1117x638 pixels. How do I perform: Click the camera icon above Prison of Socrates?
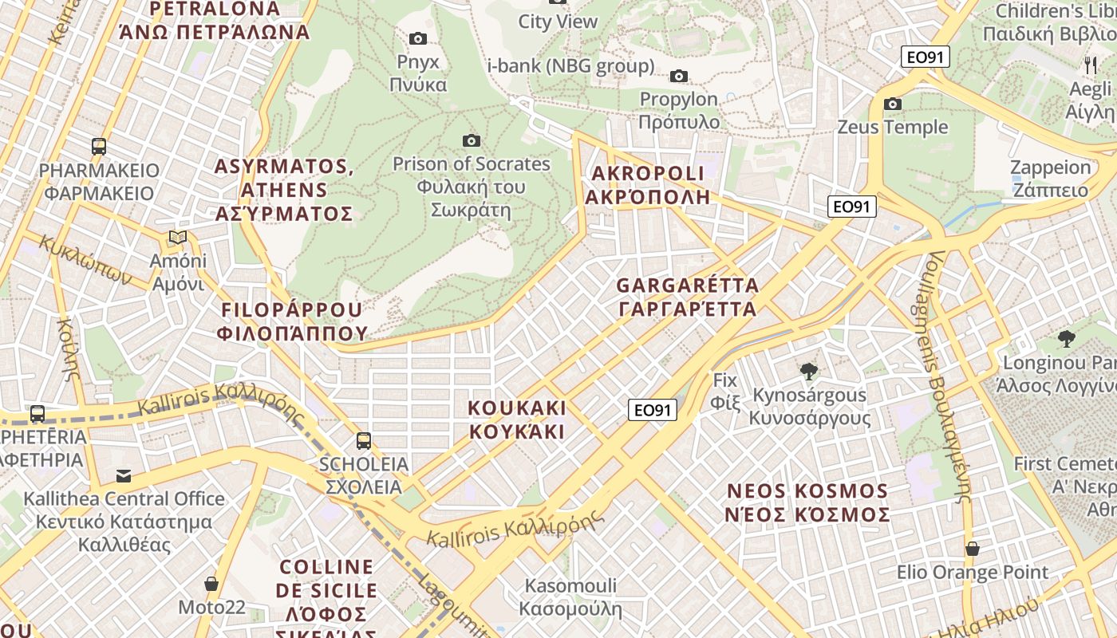[472, 141]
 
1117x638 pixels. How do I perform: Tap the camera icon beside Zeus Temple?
[893, 104]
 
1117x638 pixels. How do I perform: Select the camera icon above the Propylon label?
[678, 76]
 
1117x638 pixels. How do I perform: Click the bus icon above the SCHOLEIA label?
[364, 440]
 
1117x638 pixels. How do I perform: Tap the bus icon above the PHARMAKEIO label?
[99, 147]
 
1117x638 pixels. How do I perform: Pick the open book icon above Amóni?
[178, 238]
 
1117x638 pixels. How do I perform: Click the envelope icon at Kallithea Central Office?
[124, 476]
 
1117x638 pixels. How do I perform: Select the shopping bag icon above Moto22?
[211, 584]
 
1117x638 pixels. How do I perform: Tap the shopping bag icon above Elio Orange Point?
[972, 549]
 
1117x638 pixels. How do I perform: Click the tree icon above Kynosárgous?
[809, 371]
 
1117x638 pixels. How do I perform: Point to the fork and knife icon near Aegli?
[1090, 65]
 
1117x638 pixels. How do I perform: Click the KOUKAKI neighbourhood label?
[516, 419]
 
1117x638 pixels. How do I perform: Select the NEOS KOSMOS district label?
[807, 502]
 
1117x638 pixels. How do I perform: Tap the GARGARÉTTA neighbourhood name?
[687, 297]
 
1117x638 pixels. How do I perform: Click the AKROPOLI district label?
[647, 184]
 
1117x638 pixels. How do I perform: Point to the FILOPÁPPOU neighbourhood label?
[291, 321]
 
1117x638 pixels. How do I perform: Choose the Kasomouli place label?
[570, 597]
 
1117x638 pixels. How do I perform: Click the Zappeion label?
[1050, 179]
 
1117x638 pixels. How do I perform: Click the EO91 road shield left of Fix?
[652, 410]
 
